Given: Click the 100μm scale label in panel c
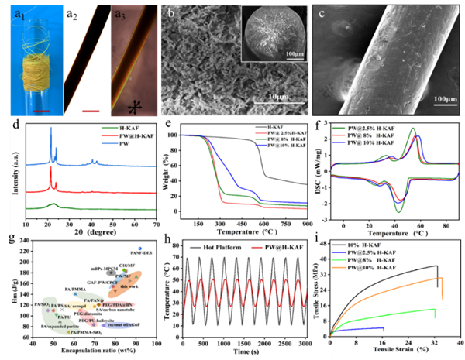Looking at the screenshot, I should pos(439,99).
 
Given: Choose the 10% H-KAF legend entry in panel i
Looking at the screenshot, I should pos(364,246).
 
